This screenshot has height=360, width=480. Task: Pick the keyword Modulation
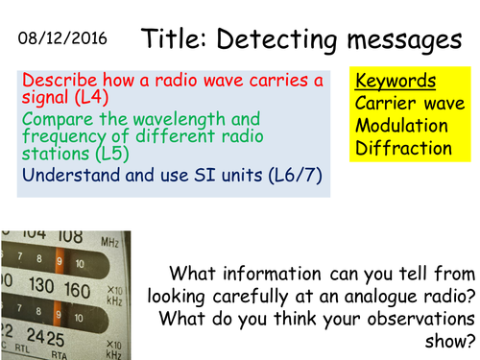click(400, 125)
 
